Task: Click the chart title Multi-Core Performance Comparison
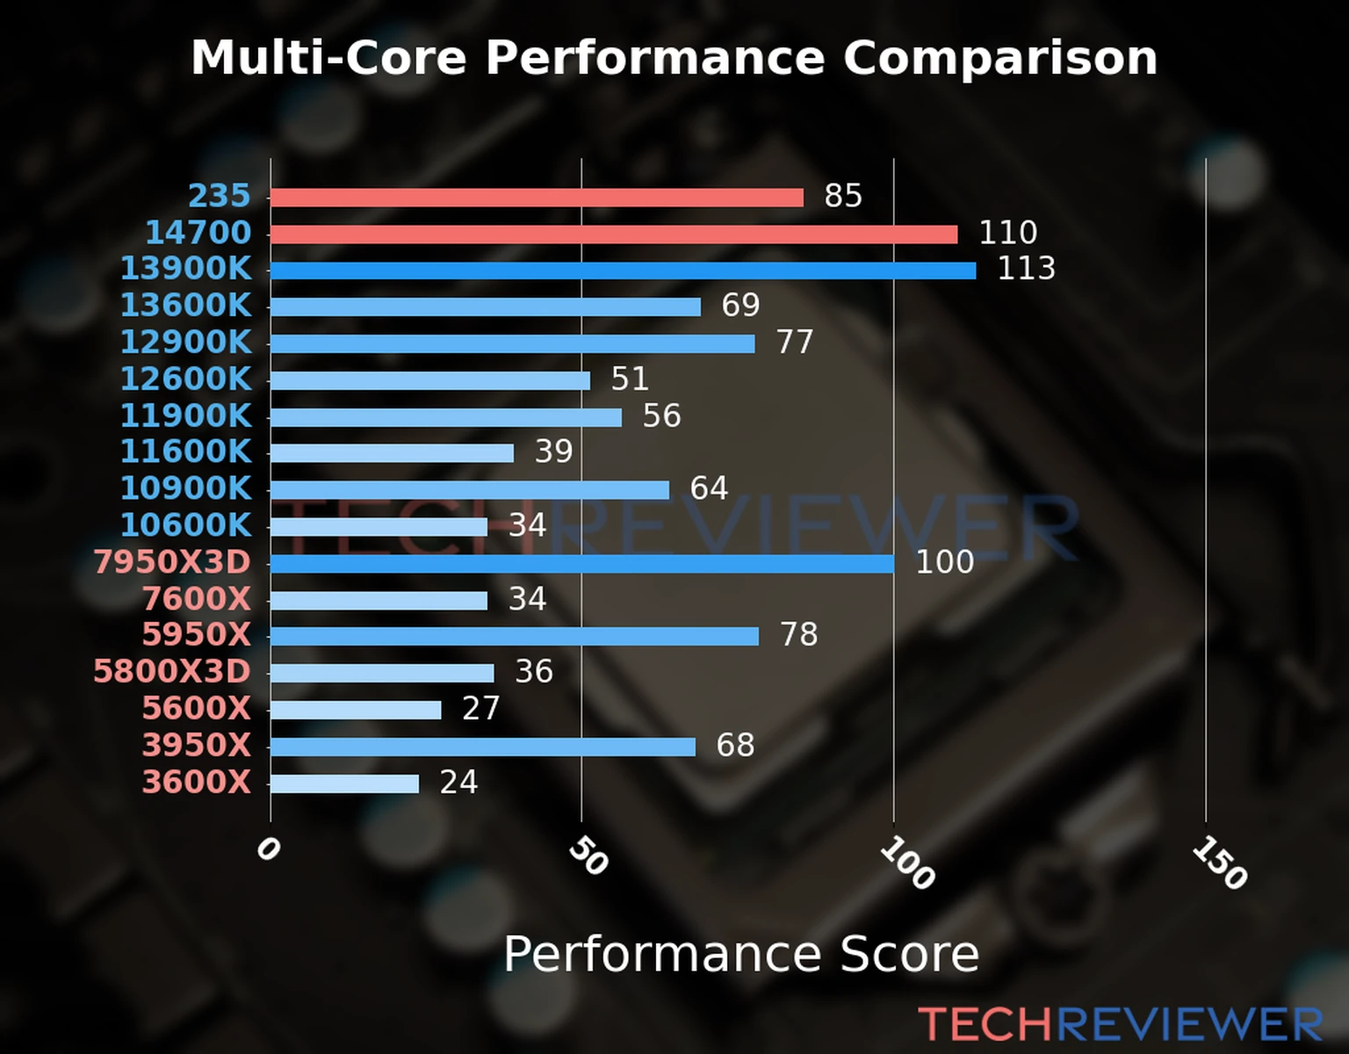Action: coord(674,58)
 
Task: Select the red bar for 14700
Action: coord(613,235)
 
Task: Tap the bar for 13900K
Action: coord(623,271)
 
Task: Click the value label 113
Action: coord(1026,269)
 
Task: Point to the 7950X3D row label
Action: coord(173,562)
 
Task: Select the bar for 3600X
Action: coord(344,783)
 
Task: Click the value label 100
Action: coord(944,562)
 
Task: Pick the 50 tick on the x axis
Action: coord(588,856)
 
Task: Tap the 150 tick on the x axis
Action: coord(1219,863)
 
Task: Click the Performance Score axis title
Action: coord(740,954)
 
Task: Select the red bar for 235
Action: coord(537,198)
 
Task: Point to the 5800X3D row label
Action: coord(173,672)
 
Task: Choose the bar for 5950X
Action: coord(514,636)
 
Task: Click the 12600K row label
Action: coord(186,379)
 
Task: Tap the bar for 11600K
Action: coord(392,453)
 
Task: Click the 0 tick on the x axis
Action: coord(268,849)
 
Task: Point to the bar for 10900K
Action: coord(469,490)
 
